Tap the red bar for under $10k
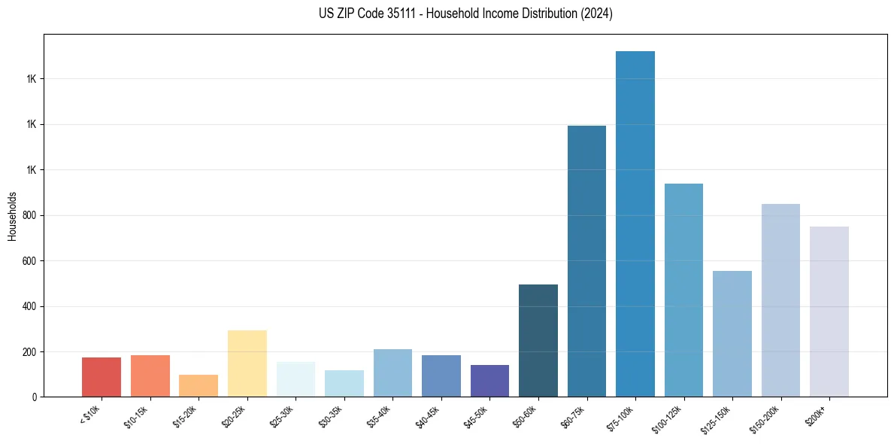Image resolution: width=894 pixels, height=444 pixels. point(102,377)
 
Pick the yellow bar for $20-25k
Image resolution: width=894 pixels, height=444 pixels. point(247,363)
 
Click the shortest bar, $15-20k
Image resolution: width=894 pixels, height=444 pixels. point(198,385)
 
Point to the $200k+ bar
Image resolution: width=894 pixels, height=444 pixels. point(829,312)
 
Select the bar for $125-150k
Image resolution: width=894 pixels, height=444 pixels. point(732,333)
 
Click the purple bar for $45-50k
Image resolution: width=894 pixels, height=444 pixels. point(489,381)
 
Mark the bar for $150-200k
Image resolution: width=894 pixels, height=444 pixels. point(780,300)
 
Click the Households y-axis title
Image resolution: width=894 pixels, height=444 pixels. point(12,216)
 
